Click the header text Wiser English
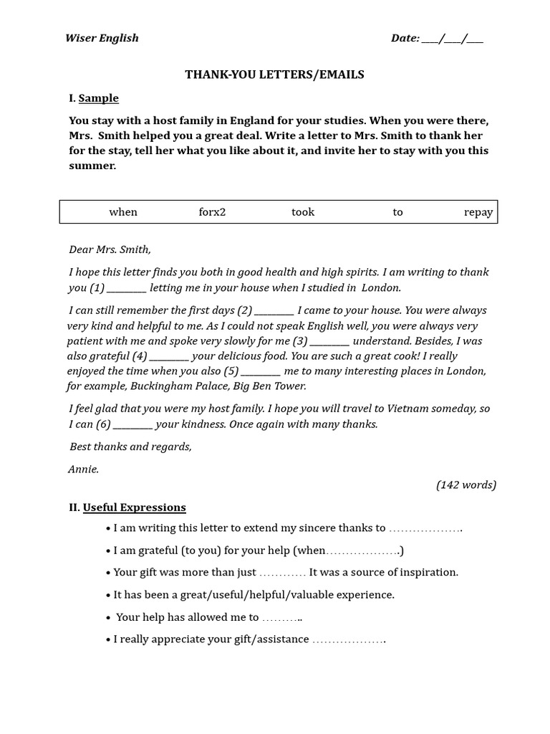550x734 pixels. [x=102, y=38]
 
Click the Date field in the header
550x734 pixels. [x=437, y=38]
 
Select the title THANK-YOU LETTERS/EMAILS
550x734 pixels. [x=275, y=75]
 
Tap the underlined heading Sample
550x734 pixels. [x=98, y=98]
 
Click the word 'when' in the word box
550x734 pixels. [x=123, y=212]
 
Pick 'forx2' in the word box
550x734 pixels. [x=212, y=212]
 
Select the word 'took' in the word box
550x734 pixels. [x=303, y=212]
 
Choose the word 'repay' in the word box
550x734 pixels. [x=478, y=212]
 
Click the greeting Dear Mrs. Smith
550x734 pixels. [x=110, y=249]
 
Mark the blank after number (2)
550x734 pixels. [x=274, y=311]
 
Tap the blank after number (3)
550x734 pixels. [x=329, y=341]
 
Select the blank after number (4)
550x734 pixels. [x=170, y=356]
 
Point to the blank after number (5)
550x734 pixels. [x=261, y=371]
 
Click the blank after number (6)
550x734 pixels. [x=133, y=424]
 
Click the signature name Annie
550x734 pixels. [x=83, y=470]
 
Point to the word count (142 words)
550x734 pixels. [x=466, y=485]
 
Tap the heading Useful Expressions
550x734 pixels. [x=134, y=507]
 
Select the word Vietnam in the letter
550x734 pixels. [x=407, y=409]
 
